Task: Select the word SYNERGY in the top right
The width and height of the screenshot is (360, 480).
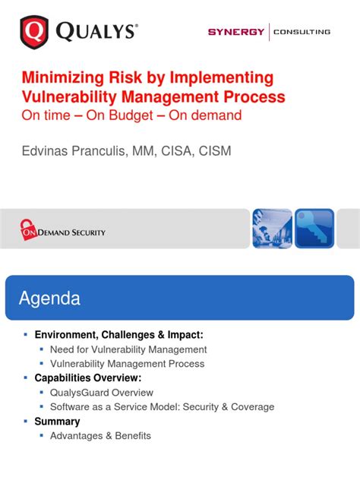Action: coord(236,32)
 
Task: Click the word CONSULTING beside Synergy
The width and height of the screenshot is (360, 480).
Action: coord(302,32)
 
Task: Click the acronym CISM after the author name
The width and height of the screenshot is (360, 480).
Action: coord(215,151)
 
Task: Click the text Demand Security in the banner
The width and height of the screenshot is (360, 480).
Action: coord(74,232)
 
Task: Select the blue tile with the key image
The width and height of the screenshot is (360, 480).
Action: coord(314,229)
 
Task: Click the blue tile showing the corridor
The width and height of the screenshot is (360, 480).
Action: coord(271,229)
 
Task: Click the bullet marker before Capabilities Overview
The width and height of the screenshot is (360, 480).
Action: coord(26,377)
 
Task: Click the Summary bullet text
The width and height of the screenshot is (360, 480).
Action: coord(57,422)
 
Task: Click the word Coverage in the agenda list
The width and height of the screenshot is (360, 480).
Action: coord(252,407)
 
